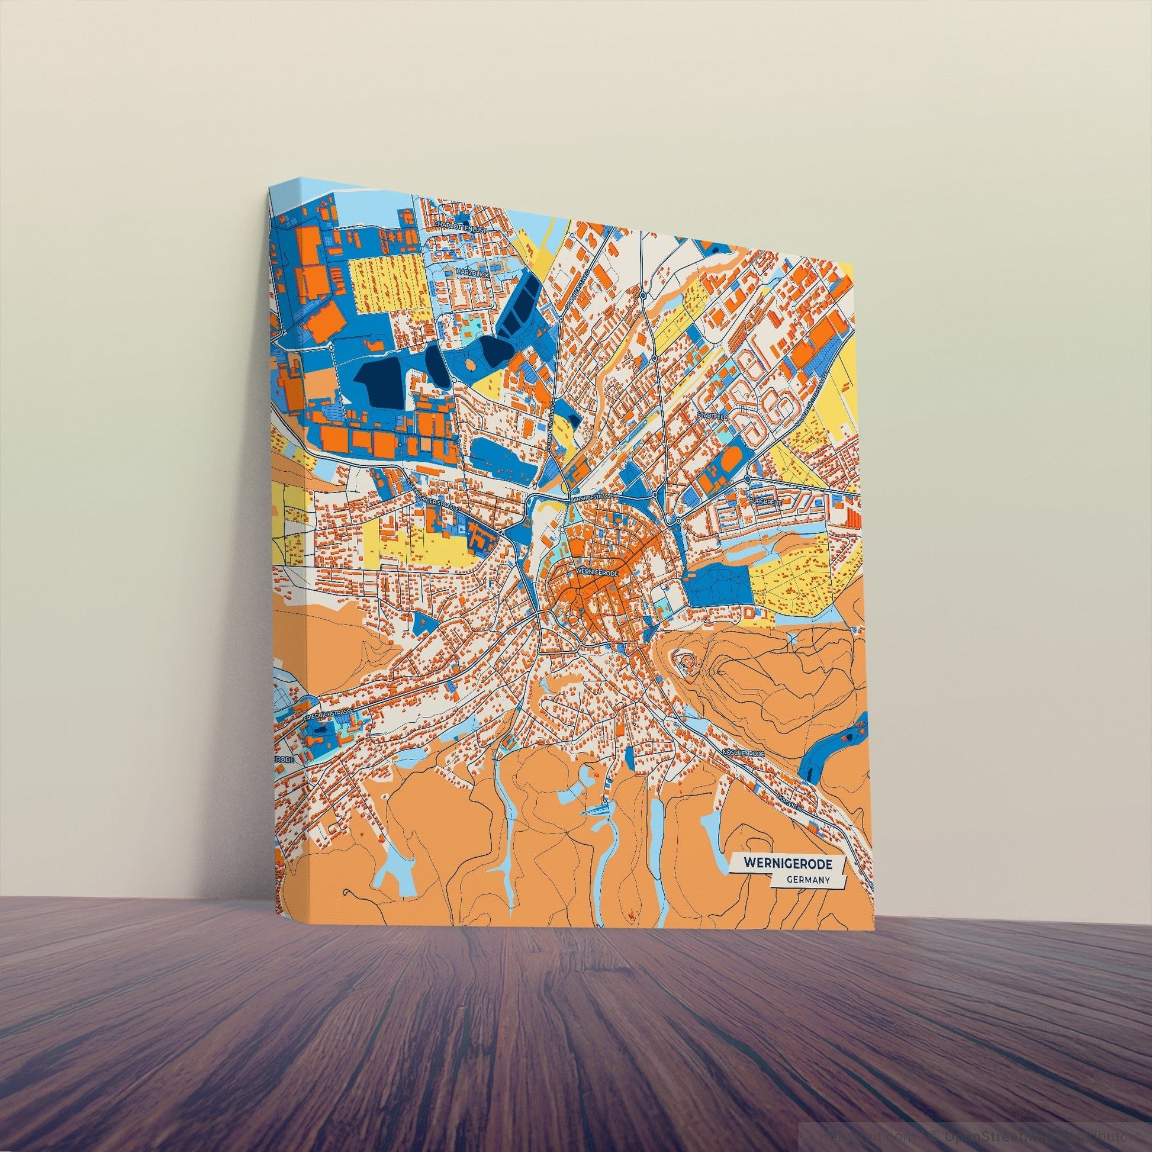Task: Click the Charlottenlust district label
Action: click(461, 229)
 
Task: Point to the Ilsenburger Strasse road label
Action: click(430, 494)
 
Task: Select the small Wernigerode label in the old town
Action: click(597, 571)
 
